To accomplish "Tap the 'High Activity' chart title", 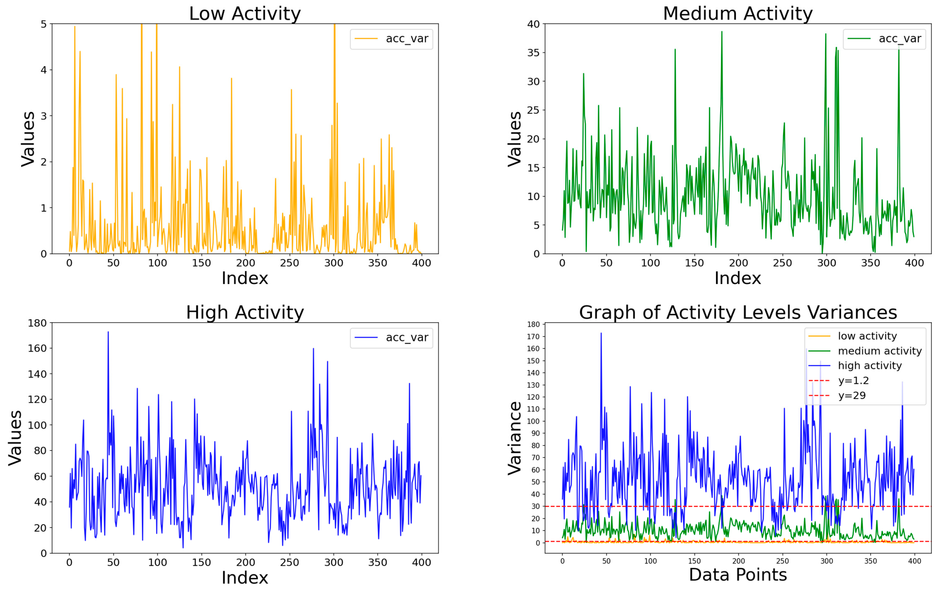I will (x=245, y=313).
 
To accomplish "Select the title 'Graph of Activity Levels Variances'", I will (x=738, y=313).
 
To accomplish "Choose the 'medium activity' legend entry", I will (x=879, y=351).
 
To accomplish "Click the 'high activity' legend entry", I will (x=870, y=366).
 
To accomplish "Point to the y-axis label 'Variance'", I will (x=515, y=438).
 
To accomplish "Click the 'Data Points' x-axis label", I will (x=738, y=575).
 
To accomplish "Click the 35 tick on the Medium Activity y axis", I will (x=533, y=53).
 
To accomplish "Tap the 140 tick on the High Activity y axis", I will (x=37, y=374).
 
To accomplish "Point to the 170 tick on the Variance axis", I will (x=533, y=336).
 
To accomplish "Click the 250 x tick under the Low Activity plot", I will (x=289, y=263).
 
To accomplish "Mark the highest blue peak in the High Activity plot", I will (x=108, y=332).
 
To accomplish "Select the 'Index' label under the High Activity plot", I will (x=245, y=578).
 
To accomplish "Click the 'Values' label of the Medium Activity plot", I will (x=515, y=139).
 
